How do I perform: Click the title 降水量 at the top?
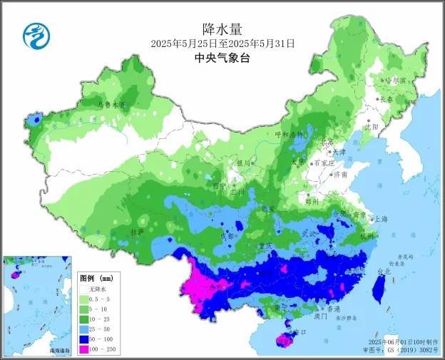222,28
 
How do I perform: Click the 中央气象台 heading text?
222,59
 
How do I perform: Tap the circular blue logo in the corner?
34,34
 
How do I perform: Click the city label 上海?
380,220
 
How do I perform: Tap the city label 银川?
244,163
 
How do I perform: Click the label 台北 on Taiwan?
383,272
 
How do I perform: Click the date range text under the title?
222,43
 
